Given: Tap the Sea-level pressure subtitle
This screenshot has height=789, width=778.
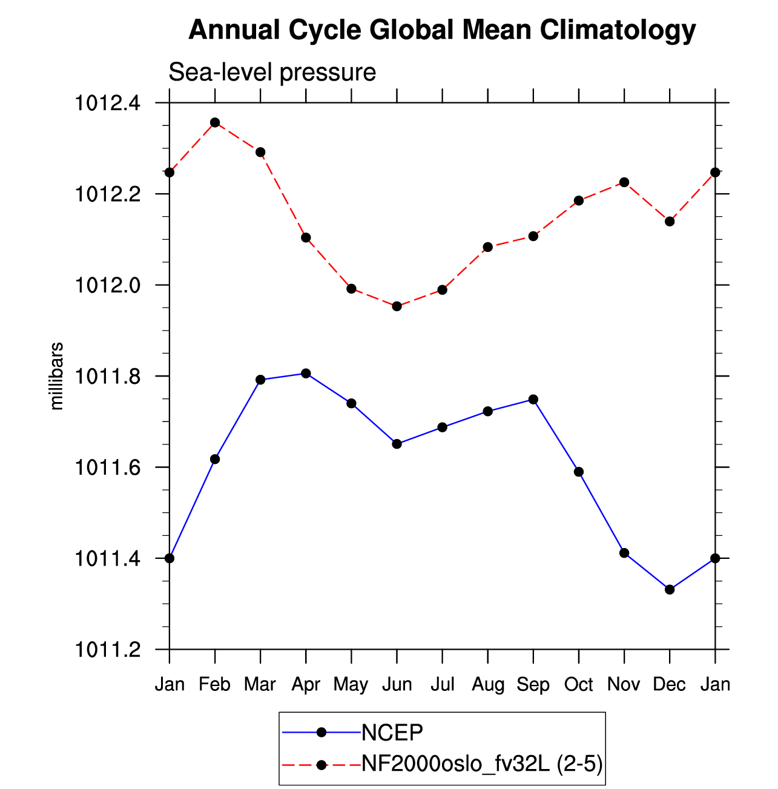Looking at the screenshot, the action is click(x=272, y=73).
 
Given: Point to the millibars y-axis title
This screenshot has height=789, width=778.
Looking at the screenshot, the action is click(x=56, y=376).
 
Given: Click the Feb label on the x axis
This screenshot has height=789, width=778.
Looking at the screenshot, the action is click(x=214, y=684).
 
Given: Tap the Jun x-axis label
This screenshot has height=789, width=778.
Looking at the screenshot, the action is click(x=397, y=684).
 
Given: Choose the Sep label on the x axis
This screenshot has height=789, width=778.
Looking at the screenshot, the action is click(x=533, y=685).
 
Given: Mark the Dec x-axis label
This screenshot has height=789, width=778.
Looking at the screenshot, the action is click(x=669, y=684).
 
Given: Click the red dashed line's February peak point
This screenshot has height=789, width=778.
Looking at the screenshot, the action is click(x=215, y=122).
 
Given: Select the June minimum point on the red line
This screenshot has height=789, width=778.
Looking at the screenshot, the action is click(x=397, y=306).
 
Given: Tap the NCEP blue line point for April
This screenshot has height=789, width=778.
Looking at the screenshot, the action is click(x=306, y=374).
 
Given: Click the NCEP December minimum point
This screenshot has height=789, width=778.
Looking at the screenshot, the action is click(x=670, y=590).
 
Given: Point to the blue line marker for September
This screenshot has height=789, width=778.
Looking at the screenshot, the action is click(x=533, y=400).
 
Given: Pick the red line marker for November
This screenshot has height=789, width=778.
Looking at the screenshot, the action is click(x=624, y=182).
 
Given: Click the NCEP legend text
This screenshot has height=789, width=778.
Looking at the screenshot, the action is click(x=392, y=733).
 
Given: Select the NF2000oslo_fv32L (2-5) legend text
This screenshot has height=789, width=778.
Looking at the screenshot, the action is click(x=482, y=763).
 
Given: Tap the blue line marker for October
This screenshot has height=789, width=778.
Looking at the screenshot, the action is click(x=579, y=472).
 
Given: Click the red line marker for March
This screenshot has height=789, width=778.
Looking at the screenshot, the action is click(x=260, y=153).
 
